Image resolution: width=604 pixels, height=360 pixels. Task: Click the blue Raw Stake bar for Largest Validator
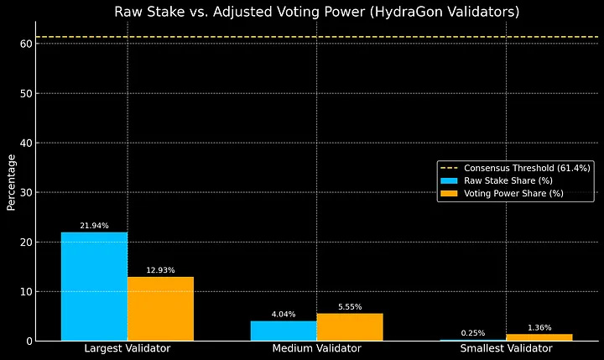tap(94, 286)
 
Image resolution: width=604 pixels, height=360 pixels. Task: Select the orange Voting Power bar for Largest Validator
tap(160, 308)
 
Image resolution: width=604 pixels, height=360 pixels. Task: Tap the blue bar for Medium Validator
tap(283, 331)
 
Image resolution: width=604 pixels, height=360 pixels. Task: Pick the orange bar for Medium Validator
tap(350, 326)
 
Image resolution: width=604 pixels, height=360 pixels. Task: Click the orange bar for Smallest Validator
tap(539, 337)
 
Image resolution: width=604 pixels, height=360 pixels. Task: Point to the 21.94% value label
tap(94, 226)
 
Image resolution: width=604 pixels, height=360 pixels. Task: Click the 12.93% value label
tap(160, 270)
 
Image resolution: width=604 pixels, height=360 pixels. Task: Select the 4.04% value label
tap(283, 314)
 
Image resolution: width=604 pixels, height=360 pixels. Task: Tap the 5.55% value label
tap(350, 306)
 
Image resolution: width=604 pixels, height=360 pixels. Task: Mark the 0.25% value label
tap(472, 333)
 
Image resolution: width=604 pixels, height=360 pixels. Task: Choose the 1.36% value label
tap(539, 327)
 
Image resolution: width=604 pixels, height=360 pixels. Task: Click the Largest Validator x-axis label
tap(128, 348)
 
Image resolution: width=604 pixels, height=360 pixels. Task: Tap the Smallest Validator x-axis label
tap(506, 348)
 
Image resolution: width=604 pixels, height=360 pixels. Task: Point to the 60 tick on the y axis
tap(26, 44)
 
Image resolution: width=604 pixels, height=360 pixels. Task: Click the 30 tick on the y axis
tap(26, 192)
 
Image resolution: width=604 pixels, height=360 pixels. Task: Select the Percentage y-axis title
tap(11, 182)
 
